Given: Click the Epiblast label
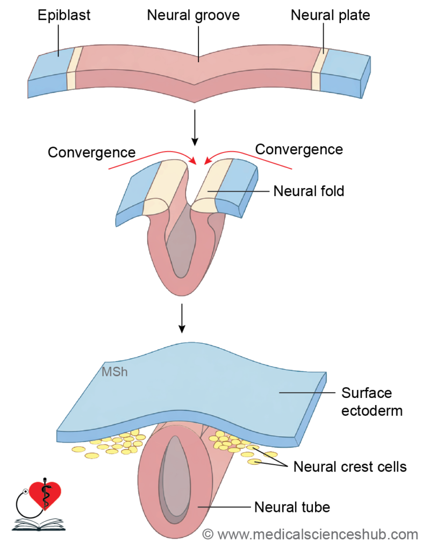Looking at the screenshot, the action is point(64,16).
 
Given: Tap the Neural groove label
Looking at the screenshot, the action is point(193,16).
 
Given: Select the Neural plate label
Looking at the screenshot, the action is point(330,16).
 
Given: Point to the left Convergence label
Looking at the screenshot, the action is point(91,153).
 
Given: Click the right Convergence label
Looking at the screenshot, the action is point(299,149).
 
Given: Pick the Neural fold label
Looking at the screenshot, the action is point(309,191).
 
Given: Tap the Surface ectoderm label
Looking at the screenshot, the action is point(372,402).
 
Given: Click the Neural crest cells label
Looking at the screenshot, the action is point(349,467).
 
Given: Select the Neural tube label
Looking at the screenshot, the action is point(292,507).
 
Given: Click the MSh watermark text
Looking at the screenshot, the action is point(115,372).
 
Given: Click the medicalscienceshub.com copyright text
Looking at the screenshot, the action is point(310,534).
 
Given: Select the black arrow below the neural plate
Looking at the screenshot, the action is point(195,128).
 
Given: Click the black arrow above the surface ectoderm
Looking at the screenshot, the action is point(182,318).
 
